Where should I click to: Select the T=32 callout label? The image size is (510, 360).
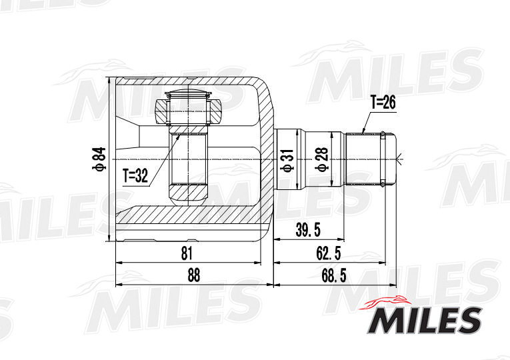coord(137,176)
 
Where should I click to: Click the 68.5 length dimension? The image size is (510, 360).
coord(331,275)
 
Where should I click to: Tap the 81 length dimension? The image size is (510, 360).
coord(187,253)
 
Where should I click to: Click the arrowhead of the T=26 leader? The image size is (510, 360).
coord(364,131)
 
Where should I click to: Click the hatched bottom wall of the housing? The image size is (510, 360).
coord(193,215)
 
